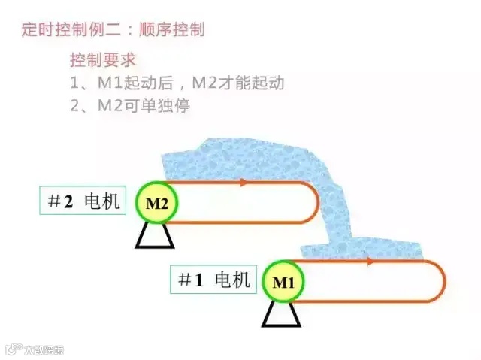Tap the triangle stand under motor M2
[155, 236]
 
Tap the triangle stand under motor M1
[281, 314]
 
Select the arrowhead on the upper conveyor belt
[244, 182]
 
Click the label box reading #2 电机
[83, 201]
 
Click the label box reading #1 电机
[213, 280]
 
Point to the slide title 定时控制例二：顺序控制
[113, 30]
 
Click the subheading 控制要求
[103, 60]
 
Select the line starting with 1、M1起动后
[177, 83]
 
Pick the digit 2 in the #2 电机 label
[68, 201]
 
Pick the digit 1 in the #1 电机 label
[199, 280]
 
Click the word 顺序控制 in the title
[177, 30]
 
